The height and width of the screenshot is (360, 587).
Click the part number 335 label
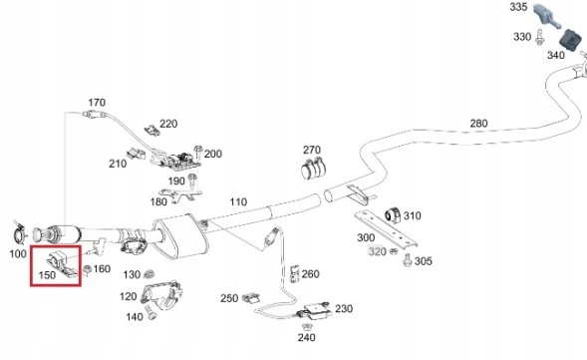[518, 7]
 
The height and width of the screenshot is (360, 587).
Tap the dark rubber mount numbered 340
[571, 40]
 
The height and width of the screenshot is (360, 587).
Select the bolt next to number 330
[539, 37]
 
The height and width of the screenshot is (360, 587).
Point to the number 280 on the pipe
[478, 124]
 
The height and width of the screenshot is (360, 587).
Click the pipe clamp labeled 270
[314, 168]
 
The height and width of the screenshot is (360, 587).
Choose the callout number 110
[238, 201]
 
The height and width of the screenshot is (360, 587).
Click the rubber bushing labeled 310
[393, 214]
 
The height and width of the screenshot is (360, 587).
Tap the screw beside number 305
[408, 259]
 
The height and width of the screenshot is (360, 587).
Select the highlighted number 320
[377, 251]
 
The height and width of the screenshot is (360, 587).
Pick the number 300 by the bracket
[366, 237]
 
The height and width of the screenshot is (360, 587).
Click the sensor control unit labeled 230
[315, 309]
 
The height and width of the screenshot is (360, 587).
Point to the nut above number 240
[308, 326]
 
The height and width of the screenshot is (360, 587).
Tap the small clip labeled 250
[251, 298]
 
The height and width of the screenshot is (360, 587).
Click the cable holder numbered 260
[295, 274]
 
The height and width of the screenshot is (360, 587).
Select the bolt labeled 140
[150, 312]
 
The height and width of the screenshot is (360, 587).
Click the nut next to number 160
[87, 269]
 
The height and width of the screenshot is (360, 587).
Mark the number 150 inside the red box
[47, 275]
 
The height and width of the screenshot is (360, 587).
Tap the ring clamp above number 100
[19, 234]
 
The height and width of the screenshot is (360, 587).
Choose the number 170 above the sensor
[97, 103]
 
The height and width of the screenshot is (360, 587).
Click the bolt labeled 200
[198, 153]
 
